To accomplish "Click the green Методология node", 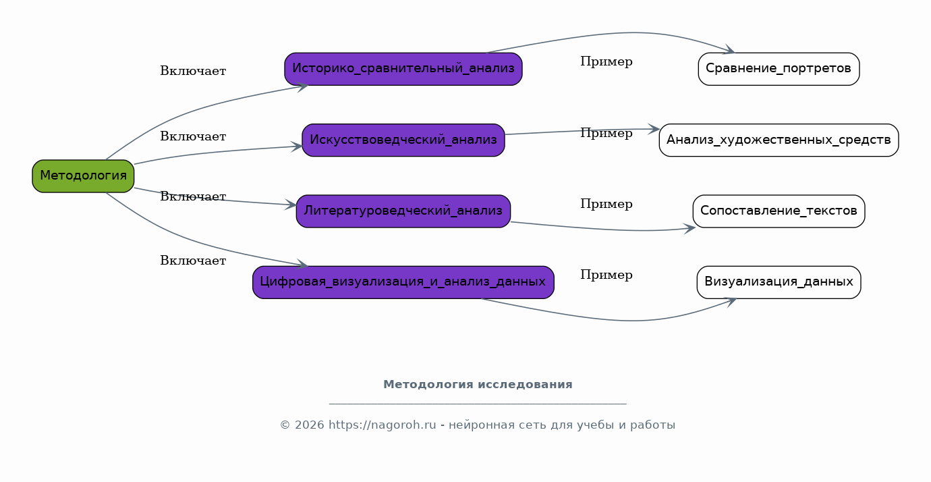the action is click(83, 176).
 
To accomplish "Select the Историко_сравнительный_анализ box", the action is click(403, 69).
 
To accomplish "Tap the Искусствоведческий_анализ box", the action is click(403, 140).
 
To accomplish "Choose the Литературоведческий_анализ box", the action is click(403, 211).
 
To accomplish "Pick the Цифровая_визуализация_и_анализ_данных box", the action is click(403, 282).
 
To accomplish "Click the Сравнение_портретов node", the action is click(779, 69).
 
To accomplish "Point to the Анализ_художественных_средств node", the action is click(779, 140).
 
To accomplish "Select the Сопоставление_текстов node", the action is click(779, 211).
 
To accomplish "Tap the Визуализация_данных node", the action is click(779, 282).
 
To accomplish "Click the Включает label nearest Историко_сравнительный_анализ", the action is click(193, 71).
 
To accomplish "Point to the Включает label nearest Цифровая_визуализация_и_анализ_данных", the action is click(193, 261).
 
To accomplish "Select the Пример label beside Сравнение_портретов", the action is click(606, 62).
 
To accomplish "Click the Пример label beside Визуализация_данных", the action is click(606, 275).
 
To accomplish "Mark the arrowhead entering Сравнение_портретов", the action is click(730, 50).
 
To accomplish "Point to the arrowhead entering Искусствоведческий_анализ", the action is click(297, 146).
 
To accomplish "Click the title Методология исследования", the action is click(478, 385).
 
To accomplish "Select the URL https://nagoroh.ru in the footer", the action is click(383, 425).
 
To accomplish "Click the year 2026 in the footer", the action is click(309, 425).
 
